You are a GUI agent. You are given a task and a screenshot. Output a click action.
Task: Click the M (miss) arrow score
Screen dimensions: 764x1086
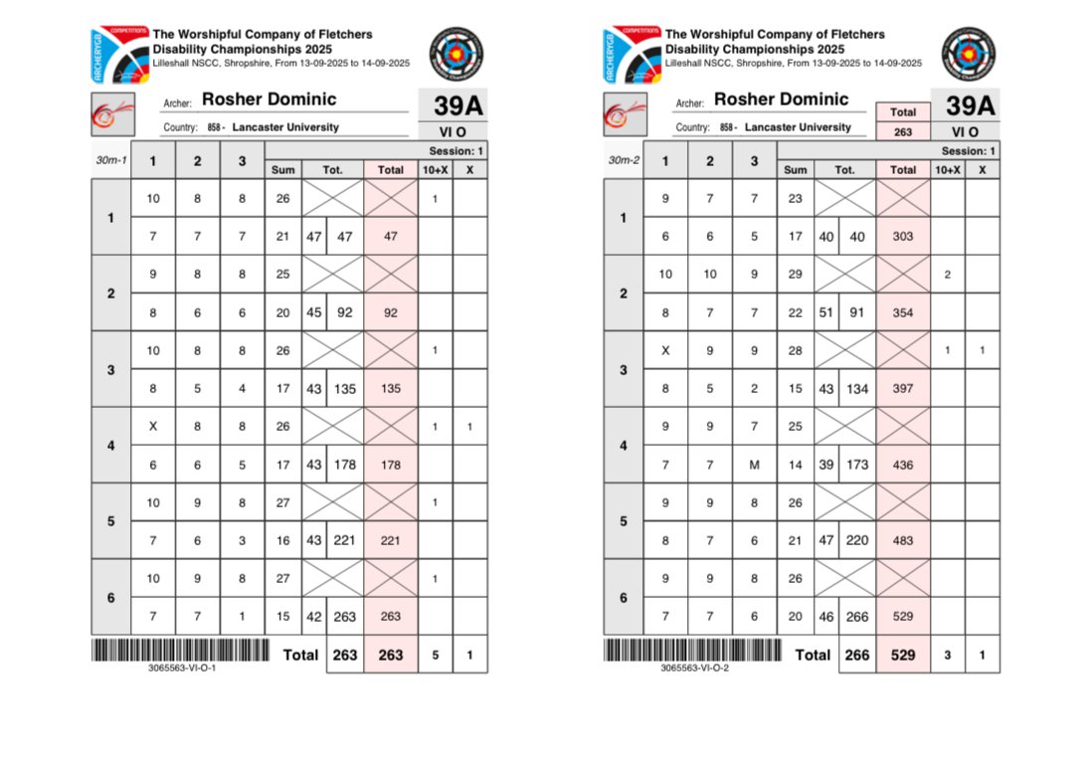coord(754,465)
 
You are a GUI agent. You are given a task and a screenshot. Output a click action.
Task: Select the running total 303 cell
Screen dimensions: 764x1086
coord(903,236)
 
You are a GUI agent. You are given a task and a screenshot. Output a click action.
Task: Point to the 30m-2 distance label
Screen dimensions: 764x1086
coord(623,160)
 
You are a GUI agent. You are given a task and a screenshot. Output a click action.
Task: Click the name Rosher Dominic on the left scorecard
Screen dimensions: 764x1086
coord(269,99)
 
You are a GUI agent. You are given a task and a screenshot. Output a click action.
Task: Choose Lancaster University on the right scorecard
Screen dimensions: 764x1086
coord(798,127)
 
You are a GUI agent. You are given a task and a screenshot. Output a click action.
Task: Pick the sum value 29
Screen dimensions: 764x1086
coord(796,274)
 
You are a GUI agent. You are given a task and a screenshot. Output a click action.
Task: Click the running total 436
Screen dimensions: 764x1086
coord(903,465)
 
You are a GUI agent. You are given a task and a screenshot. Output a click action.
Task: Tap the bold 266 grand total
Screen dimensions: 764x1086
coord(856,655)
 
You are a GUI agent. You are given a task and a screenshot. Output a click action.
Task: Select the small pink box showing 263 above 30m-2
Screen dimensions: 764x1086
coord(903,131)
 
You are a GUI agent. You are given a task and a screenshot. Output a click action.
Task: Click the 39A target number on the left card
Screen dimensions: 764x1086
coord(458,106)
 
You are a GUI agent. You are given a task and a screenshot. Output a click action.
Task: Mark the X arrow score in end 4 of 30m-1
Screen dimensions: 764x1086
coord(152,426)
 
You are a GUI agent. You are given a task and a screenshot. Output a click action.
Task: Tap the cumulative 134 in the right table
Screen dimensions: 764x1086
coord(856,388)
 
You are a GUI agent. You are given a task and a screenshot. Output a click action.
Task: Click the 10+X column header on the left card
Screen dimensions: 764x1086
coord(435,170)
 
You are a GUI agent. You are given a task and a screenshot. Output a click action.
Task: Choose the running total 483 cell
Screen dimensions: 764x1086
coord(903,540)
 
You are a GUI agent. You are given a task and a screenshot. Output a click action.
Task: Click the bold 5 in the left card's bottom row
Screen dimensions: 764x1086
coord(435,655)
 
